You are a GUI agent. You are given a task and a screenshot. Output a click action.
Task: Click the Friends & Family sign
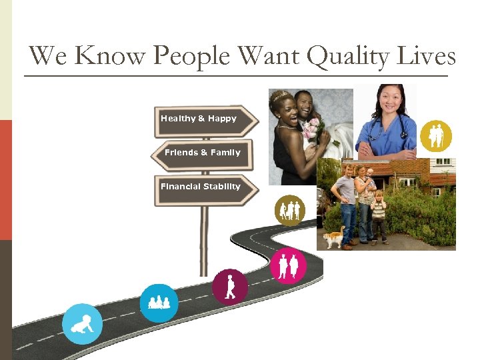coord(203,153)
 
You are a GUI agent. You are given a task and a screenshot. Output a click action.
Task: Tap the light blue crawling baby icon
coord(82,324)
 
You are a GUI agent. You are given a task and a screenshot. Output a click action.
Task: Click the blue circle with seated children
coord(159,303)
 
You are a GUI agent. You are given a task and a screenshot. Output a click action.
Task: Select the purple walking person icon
coord(230,287)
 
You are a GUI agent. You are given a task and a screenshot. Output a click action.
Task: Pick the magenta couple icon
coord(288,265)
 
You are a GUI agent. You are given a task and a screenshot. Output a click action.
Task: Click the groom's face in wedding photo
coord(304,103)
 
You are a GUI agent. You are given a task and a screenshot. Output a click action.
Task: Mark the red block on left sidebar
coord(5,180)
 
